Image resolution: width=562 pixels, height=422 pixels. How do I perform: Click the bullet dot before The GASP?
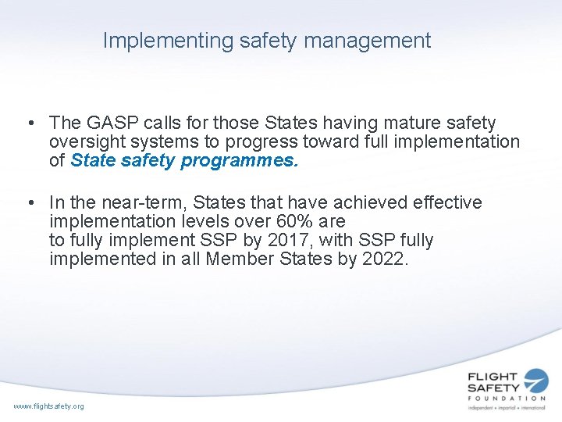29,123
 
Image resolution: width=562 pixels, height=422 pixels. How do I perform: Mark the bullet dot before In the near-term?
29,203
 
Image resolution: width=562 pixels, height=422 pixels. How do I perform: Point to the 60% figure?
296,222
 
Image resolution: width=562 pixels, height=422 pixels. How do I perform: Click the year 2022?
385,259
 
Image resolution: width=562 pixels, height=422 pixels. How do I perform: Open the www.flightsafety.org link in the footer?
48,406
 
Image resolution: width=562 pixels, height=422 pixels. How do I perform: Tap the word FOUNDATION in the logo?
507,399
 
